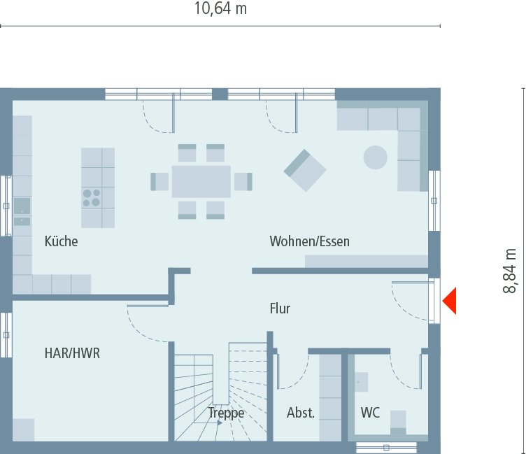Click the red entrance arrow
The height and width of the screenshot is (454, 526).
449,301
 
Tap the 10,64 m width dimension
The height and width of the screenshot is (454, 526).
220,9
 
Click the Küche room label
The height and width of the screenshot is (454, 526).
61,242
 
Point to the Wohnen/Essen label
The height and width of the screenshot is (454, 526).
310,242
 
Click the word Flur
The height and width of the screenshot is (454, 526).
280,308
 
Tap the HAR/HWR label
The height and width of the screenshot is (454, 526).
72,353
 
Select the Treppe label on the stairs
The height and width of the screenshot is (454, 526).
226,413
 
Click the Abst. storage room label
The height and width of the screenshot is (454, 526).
301,413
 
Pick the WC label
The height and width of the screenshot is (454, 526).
370,413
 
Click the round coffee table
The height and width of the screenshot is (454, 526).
375,157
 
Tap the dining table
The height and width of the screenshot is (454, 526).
201,181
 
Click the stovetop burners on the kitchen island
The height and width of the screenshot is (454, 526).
91,197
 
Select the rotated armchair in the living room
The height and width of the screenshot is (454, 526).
305,170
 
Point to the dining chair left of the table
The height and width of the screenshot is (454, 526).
159,181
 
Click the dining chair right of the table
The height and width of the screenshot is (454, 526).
242,181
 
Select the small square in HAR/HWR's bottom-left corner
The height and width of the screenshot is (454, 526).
23,430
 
